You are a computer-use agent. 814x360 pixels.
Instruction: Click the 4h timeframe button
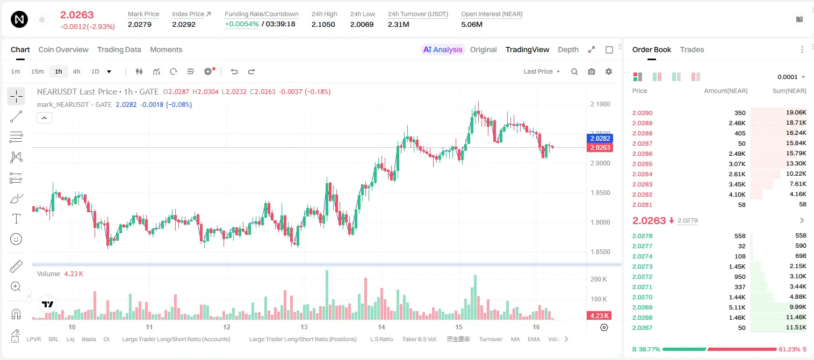76,71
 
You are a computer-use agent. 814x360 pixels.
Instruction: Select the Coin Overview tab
63,49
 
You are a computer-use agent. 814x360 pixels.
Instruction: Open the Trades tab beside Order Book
692,49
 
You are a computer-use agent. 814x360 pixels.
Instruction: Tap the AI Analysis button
443,49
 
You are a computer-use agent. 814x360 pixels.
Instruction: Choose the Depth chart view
568,49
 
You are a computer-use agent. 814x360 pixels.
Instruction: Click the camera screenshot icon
592,71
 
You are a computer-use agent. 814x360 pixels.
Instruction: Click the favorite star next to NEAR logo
42,19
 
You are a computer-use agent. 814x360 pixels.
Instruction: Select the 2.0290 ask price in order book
643,113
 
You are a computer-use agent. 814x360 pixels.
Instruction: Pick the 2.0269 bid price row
643,307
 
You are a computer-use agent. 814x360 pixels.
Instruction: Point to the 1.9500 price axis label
600,192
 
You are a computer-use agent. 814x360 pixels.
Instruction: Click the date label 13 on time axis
304,327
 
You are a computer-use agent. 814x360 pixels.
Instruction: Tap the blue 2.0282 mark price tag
600,139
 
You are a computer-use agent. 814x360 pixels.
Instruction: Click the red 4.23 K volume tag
599,316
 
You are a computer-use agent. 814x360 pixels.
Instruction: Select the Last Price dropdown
542,71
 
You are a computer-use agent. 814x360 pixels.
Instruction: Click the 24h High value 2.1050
323,24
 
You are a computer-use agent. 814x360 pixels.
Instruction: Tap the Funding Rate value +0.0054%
242,24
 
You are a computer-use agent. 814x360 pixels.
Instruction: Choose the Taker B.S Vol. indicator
419,339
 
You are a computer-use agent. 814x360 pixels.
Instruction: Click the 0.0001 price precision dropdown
791,77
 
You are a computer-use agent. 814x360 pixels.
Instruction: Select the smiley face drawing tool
16,239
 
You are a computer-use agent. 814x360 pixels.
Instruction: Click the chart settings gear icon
609,71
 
